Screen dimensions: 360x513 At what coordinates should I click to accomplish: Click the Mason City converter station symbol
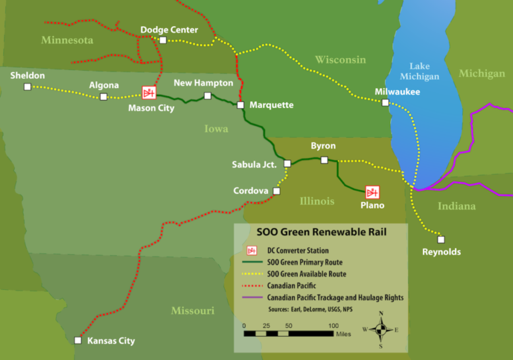point(148,93)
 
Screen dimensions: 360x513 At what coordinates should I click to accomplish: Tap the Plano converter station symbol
point(372,192)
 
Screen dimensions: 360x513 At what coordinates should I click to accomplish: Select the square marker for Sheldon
point(27,87)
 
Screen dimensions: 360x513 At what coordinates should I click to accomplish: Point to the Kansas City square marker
point(77,340)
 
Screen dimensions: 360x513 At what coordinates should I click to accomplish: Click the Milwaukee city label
point(397,92)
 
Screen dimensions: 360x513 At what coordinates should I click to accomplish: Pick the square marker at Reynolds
point(440,239)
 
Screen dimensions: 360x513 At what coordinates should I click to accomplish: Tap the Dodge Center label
point(169,29)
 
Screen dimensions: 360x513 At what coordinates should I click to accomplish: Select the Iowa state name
point(216,128)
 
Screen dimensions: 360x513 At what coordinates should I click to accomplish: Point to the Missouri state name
point(192,311)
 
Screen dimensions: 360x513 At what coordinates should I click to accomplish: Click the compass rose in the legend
point(381,329)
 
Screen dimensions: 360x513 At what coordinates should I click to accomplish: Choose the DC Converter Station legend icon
point(252,250)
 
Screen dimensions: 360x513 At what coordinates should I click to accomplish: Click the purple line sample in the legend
point(252,297)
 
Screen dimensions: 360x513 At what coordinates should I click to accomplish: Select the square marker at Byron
point(324,160)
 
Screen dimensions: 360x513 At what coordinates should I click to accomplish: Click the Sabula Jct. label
point(254,164)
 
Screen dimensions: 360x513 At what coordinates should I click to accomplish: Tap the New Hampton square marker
point(207,96)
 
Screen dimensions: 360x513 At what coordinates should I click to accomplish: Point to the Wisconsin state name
point(341,60)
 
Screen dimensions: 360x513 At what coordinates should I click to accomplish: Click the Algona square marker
point(104,97)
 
